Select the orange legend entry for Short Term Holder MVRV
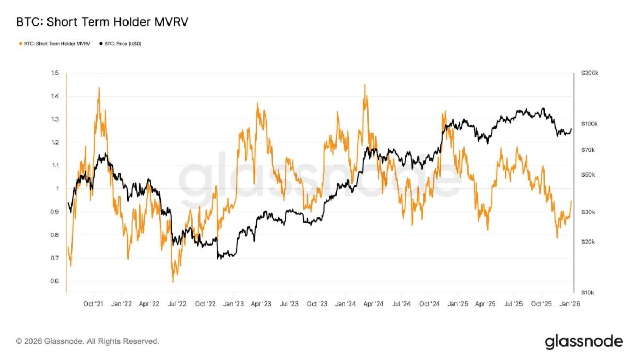pos(55,44)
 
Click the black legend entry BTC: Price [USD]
pos(123,44)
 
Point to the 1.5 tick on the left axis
pos(55,73)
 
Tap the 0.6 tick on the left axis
pos(55,281)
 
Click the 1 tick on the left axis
pos(57,189)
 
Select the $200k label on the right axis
pos(589,73)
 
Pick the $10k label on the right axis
pos(588,293)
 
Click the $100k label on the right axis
pos(589,124)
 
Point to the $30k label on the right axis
pos(588,212)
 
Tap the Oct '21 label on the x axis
pos(93,303)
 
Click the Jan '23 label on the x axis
pos(233,303)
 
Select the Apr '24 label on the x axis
pos(373,303)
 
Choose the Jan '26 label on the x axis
pos(570,303)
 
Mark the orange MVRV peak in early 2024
pos(365,85)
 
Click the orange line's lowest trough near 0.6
pos(173,281)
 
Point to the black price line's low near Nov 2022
pos(218,259)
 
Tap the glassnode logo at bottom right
pos(583,341)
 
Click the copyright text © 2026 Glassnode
pos(87,341)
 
